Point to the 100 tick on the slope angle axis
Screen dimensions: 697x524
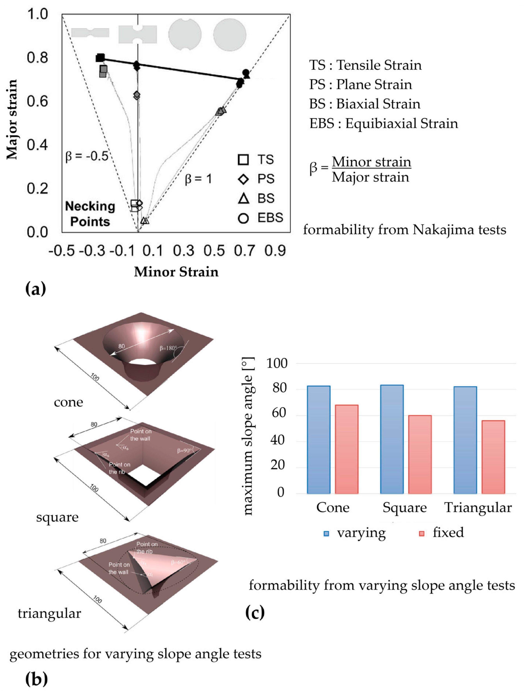277,363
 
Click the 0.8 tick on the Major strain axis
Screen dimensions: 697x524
37,58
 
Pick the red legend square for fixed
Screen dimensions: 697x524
421,533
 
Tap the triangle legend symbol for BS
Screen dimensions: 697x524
243,198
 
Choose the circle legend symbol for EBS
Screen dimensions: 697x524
243,218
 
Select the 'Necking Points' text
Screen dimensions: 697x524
90,214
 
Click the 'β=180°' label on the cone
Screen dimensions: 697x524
168,348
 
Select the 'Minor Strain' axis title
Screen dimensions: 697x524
176,272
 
